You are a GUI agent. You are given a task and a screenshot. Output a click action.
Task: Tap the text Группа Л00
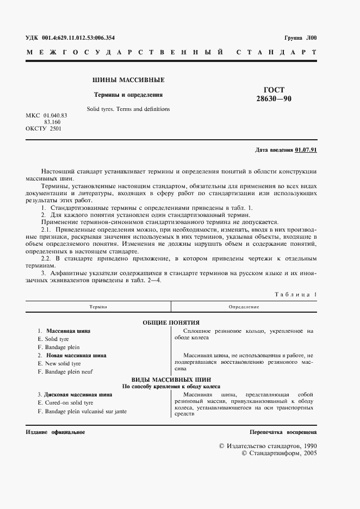[x=300, y=38]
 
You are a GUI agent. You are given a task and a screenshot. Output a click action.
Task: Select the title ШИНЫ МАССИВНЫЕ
[x=128, y=80]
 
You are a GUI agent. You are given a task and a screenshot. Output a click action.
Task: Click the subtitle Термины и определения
[x=128, y=94]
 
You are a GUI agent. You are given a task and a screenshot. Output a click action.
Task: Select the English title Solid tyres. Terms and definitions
[x=128, y=109]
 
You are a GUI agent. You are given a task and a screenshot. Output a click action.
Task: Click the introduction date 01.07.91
[x=306, y=150]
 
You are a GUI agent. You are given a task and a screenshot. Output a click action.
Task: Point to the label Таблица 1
[x=295, y=294]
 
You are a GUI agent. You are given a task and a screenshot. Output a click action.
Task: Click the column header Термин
[x=98, y=307]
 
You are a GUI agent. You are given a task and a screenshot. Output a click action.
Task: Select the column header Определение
[x=244, y=307]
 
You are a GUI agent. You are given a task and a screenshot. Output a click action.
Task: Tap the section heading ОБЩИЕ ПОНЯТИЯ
[x=171, y=322]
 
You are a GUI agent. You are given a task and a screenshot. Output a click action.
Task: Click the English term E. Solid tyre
[x=54, y=339]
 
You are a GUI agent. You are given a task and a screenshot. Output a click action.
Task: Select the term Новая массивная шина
[x=76, y=355]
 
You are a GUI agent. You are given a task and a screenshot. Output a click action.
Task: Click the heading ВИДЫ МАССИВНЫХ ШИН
[x=171, y=379]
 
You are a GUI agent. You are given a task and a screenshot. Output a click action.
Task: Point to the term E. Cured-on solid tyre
[x=66, y=402]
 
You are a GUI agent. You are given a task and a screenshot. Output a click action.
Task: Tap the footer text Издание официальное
[x=55, y=432]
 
